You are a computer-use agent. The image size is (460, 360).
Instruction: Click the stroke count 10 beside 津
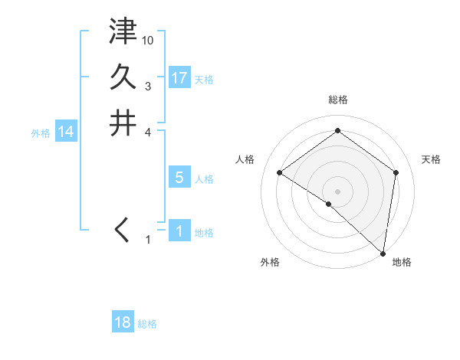(x=149, y=40)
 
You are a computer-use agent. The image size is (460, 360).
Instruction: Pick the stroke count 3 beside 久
(x=148, y=86)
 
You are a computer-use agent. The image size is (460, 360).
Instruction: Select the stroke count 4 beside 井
(x=148, y=131)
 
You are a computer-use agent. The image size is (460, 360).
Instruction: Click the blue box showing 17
(x=179, y=78)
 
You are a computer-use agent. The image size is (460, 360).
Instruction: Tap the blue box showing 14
(x=66, y=132)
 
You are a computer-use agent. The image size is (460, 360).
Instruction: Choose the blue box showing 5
(x=179, y=178)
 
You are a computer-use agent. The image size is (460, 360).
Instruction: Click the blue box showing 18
(x=123, y=322)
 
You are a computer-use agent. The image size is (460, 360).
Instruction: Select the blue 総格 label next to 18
(x=147, y=324)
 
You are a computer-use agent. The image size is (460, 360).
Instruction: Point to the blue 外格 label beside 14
(x=41, y=133)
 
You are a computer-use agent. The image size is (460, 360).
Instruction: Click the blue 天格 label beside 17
(x=204, y=80)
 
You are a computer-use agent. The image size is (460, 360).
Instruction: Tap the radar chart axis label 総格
(x=338, y=100)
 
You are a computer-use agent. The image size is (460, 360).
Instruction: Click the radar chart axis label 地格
(x=402, y=262)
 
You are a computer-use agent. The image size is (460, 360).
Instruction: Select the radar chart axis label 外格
(x=270, y=262)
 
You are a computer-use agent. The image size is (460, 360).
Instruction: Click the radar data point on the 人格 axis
(x=280, y=172)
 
